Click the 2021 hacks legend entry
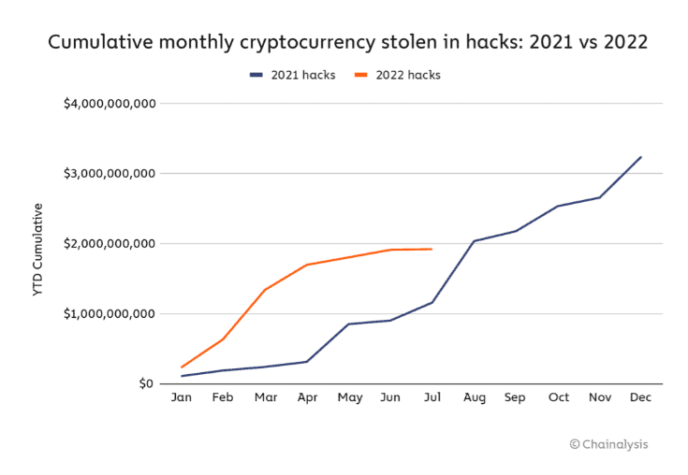tap(292, 76)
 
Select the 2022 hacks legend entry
tap(398, 76)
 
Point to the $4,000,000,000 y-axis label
tap(110, 104)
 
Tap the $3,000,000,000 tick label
tap(110, 174)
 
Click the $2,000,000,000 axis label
tap(110, 244)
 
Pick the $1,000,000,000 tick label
tap(110, 314)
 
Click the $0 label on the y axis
tap(146, 384)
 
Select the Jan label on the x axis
tap(182, 397)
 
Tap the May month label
tap(350, 398)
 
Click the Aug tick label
tap(475, 398)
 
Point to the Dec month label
tap(640, 397)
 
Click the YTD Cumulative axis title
tap(38, 250)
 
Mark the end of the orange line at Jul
tap(432, 249)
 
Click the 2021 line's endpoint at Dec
tap(641, 157)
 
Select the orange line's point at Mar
tap(265, 290)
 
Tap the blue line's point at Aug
tap(474, 240)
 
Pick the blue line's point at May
tap(348, 324)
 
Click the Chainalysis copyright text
tap(608, 444)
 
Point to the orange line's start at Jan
tap(182, 367)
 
